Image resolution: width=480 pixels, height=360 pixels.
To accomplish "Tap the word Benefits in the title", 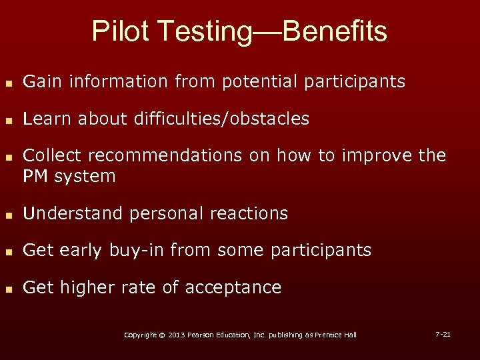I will coord(335,31).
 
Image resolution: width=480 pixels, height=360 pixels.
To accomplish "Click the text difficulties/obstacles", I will coord(221,119).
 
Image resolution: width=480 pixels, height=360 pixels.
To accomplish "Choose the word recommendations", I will coord(165,156).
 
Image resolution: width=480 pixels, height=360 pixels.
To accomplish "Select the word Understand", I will coord(69,214).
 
